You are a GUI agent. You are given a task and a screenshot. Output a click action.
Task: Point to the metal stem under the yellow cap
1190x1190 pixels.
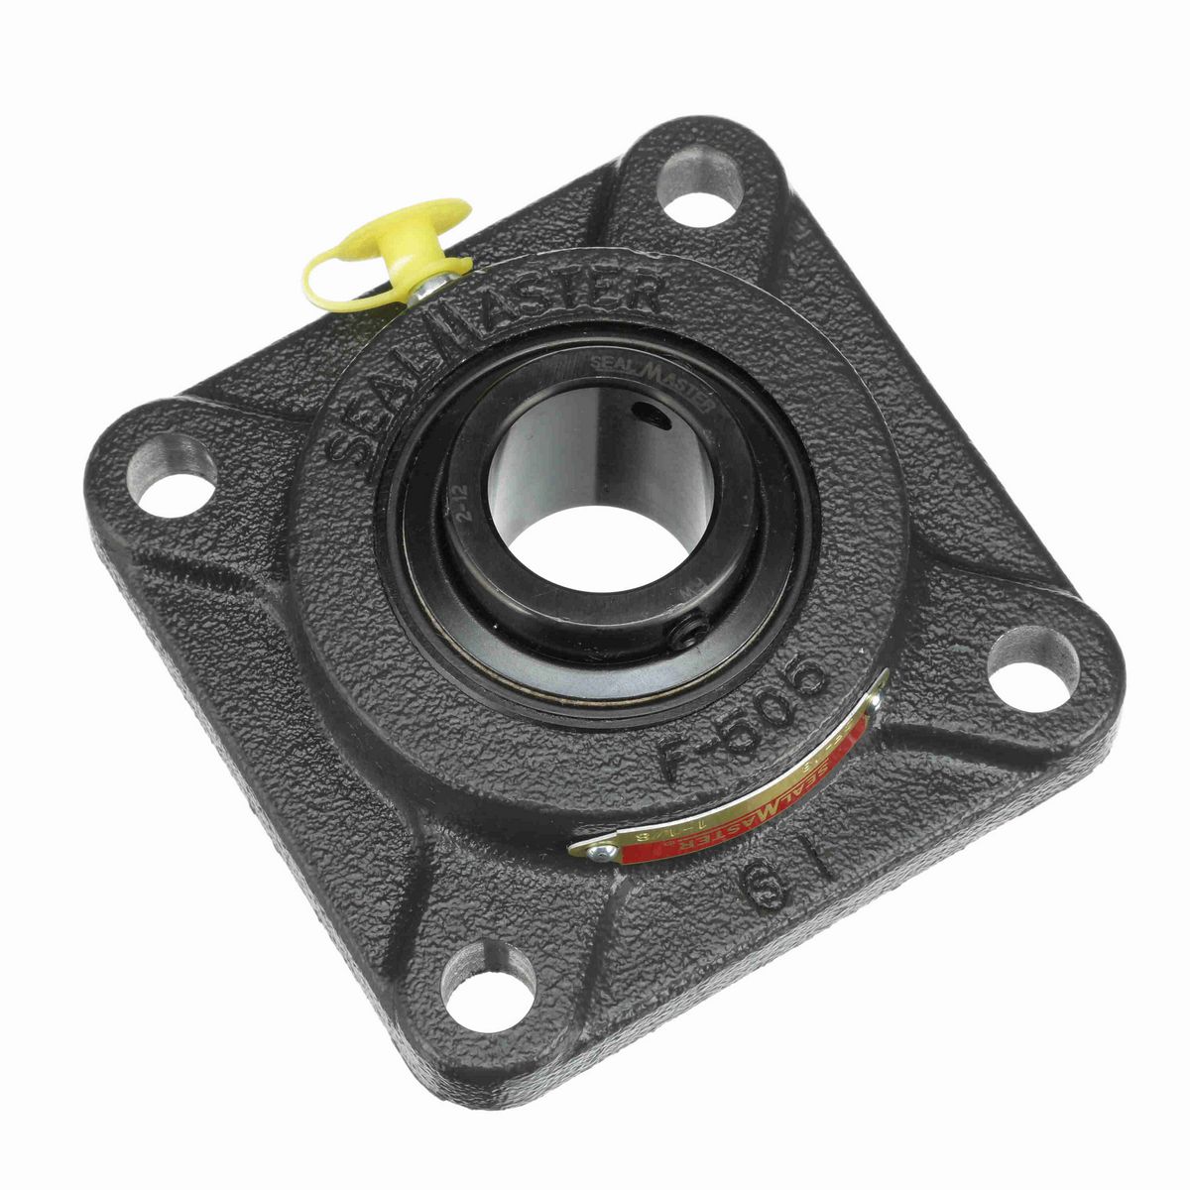tap(429, 284)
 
